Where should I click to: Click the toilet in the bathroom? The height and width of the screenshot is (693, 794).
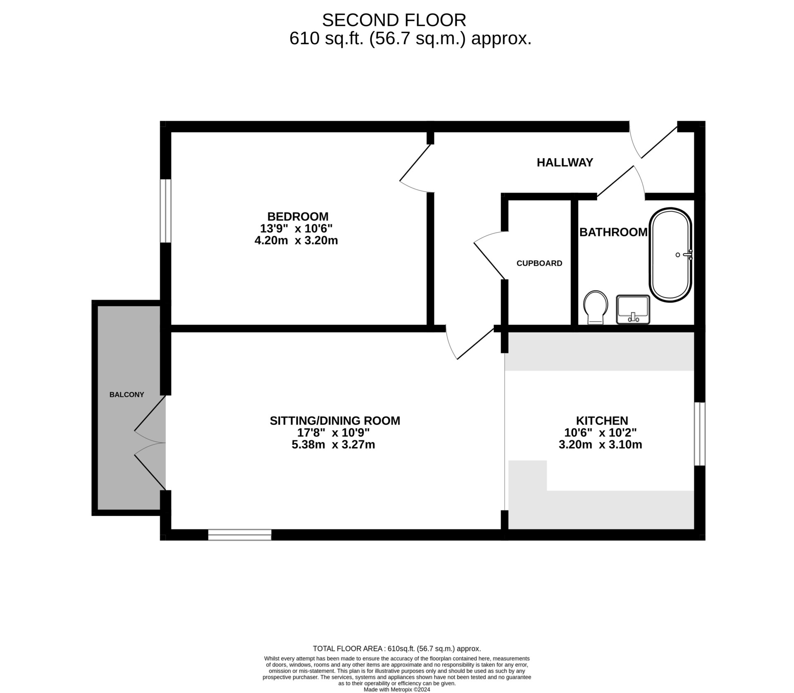pos(595,307)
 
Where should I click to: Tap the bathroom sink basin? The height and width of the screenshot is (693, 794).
pos(633,309)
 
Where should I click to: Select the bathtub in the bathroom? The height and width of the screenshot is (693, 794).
pos(670,255)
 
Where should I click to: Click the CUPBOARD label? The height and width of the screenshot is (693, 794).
pos(539,263)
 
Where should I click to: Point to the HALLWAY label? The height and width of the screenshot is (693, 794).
pos(565,162)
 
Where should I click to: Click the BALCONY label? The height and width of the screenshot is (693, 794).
pos(127,395)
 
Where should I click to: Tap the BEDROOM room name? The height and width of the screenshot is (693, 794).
pos(298,217)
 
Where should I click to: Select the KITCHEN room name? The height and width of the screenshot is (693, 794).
pos(602,421)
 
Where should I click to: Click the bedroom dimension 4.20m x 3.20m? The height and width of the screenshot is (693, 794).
pos(296,241)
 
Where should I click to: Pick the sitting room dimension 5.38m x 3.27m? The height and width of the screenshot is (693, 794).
pos(333,445)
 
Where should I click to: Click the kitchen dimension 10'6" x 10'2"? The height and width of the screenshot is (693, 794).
pos(600,433)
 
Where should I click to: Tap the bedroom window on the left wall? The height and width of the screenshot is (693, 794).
pos(165,211)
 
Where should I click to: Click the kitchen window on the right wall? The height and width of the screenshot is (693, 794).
pos(700,434)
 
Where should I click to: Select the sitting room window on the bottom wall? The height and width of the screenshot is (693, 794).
pos(240,534)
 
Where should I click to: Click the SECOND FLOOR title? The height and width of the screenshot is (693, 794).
pos(394,20)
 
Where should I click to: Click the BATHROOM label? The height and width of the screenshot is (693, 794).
pos(613,232)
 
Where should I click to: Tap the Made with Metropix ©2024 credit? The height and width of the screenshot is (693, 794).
pos(397,690)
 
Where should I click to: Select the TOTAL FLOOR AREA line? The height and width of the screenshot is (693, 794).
pos(397,649)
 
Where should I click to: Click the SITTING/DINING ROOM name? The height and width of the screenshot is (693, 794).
pos(335,421)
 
